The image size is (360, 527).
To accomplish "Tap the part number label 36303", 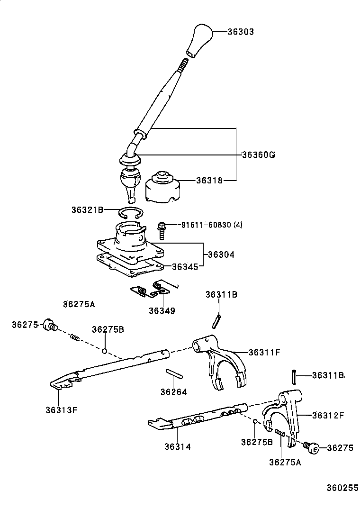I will coord(240,32).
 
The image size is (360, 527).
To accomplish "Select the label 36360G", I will coord(258,155).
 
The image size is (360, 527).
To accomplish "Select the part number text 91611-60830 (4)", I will coord(211,225).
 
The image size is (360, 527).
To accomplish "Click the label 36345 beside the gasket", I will coord(184,267).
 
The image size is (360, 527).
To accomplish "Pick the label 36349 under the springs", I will coord(162,311).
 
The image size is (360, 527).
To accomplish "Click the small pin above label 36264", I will coord(174,373).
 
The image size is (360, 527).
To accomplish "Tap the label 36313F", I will coord(61,410).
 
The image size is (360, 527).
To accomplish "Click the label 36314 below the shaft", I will coord(178,446).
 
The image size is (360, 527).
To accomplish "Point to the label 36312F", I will coord(328,416).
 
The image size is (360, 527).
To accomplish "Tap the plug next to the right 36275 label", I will coord(313,447).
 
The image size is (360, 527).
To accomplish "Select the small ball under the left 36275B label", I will coord(105,351).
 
